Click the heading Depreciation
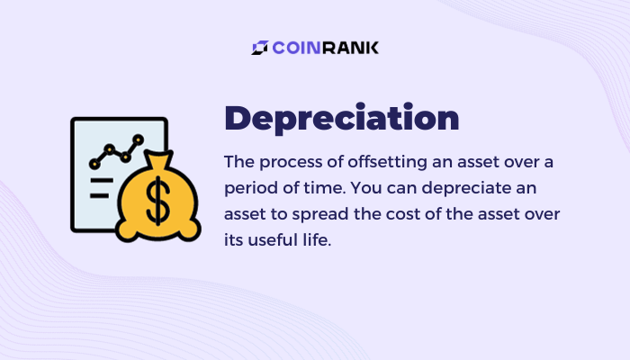click(341, 119)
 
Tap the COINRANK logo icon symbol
click(260, 48)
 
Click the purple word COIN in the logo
click(296, 48)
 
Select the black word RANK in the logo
click(350, 48)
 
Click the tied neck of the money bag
click(159, 161)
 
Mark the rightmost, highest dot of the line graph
click(138, 139)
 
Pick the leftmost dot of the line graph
click(94, 164)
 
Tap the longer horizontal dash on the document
click(102, 181)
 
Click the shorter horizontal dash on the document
click(100, 195)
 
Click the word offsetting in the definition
click(387, 162)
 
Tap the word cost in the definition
click(403, 214)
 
